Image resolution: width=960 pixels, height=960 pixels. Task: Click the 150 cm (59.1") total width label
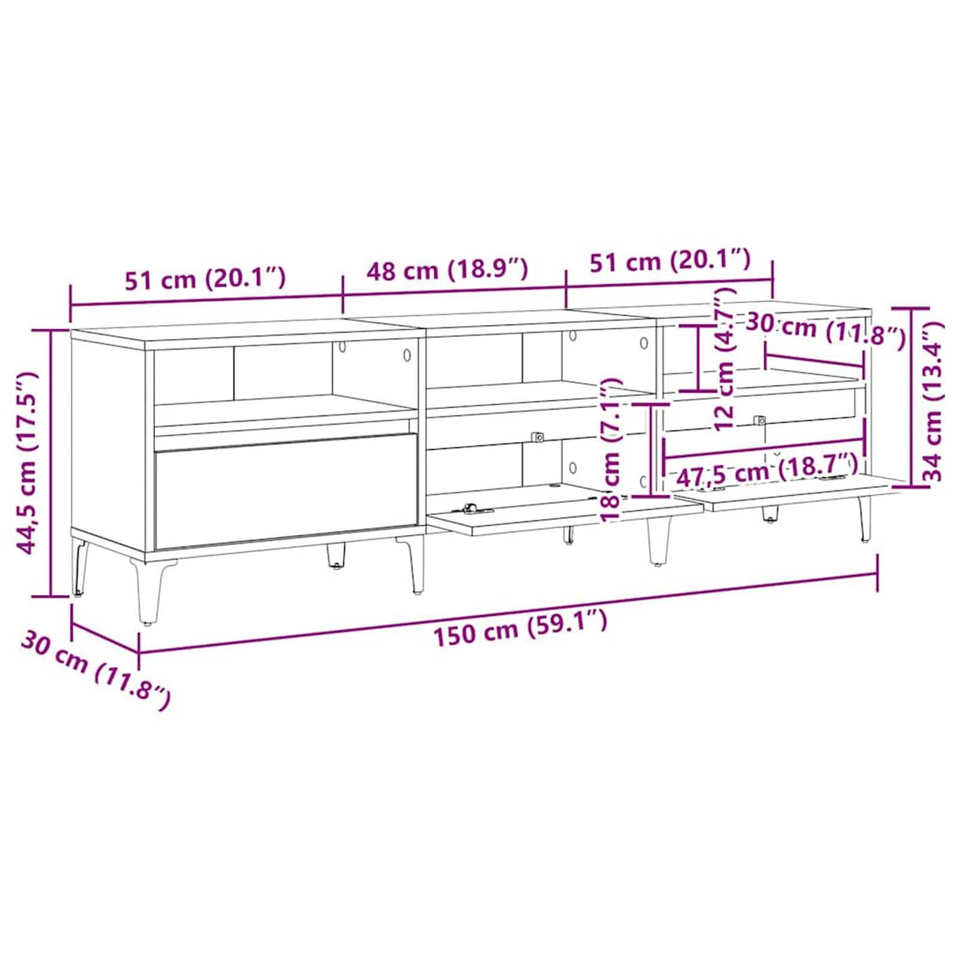(x=520, y=627)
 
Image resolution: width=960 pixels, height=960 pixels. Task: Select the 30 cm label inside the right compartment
(x=826, y=330)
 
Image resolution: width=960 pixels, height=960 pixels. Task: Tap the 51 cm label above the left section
(x=205, y=278)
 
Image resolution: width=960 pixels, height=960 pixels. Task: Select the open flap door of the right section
(x=799, y=491)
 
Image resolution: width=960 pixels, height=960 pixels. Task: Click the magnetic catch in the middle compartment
(x=537, y=436)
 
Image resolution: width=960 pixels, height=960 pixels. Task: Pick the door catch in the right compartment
(x=760, y=421)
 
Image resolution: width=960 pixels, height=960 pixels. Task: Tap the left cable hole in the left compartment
(x=343, y=346)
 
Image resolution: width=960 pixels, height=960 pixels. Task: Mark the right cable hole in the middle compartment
(x=644, y=342)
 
